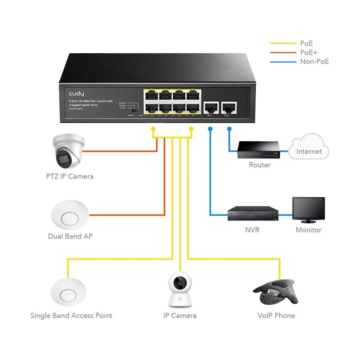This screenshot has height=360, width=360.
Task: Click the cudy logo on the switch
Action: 76,94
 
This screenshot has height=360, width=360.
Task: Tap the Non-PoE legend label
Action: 314,62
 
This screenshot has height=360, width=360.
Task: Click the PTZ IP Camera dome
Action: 68,152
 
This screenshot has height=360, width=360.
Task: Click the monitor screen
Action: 308,209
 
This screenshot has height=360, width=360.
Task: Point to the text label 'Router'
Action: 260,165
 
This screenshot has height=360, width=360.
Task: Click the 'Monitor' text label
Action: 308,230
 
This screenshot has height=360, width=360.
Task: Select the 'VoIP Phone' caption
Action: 276,316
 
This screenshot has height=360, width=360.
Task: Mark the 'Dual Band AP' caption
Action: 70,236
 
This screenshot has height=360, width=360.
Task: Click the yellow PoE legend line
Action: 283,43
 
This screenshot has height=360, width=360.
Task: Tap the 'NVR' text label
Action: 252,230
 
